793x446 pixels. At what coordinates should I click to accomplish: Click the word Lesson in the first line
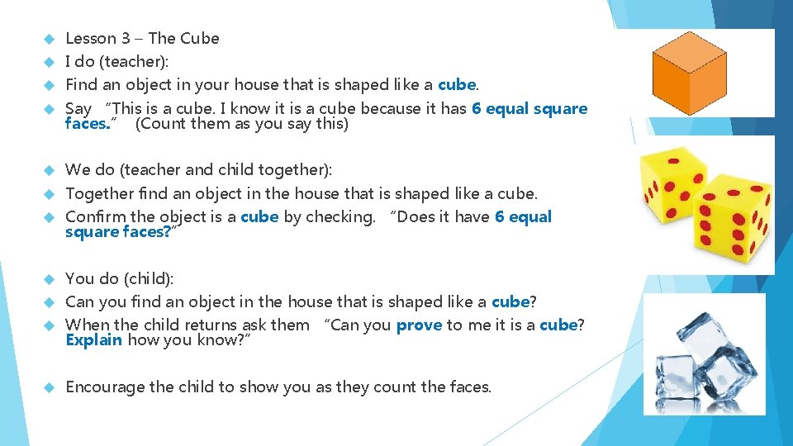click(91, 38)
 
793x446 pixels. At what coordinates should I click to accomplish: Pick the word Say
click(78, 109)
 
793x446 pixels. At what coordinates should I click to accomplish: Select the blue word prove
click(419, 325)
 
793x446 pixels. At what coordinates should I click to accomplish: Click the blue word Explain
click(93, 340)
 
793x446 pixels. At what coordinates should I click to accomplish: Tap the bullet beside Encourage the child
click(48, 387)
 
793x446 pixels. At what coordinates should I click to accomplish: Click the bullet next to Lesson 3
click(48, 38)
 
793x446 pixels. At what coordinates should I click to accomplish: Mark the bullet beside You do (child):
click(48, 278)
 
